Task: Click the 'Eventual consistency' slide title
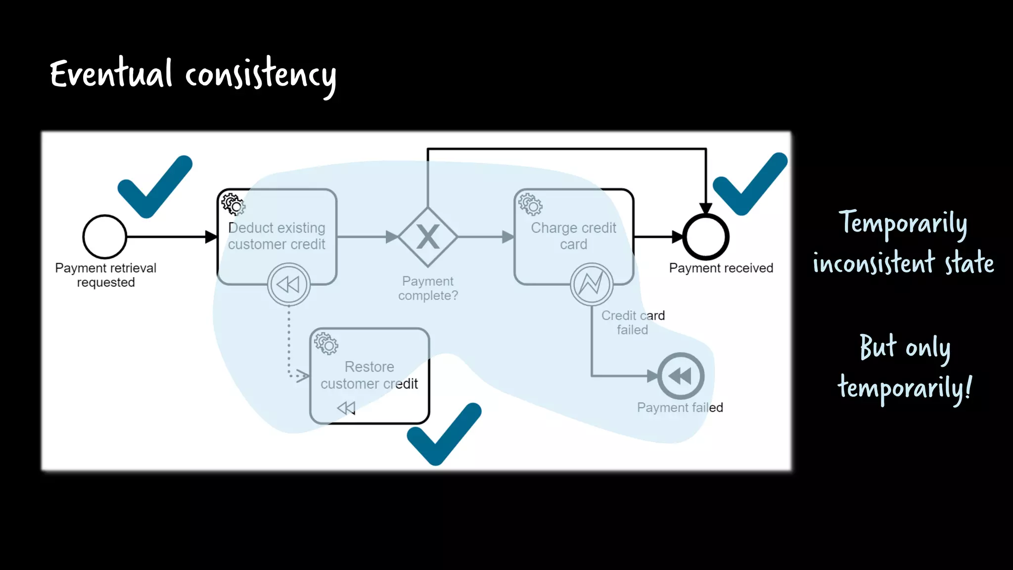(193, 75)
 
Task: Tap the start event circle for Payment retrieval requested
(105, 237)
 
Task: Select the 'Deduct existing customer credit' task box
(277, 237)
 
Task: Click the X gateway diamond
(428, 237)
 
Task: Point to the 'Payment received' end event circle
(705, 237)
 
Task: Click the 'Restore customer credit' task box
(369, 375)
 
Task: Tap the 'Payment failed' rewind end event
(681, 376)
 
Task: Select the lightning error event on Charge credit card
(592, 284)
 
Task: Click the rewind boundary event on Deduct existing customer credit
(289, 285)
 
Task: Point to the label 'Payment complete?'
(428, 288)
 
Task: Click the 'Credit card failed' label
(633, 323)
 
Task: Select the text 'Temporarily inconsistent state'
(903, 242)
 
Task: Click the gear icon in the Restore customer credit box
(326, 343)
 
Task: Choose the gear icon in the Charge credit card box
(530, 204)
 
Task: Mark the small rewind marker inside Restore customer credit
(346, 408)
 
